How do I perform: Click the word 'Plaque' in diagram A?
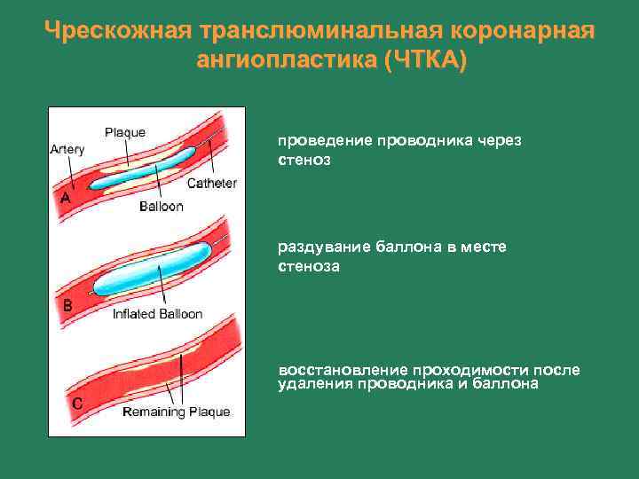pyautogui.click(x=125, y=133)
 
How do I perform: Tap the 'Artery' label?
pyautogui.click(x=67, y=149)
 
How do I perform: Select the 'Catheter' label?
pyautogui.click(x=211, y=184)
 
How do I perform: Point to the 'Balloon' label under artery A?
pyautogui.click(x=161, y=207)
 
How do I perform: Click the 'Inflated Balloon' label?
pyautogui.click(x=157, y=314)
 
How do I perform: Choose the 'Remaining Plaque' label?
pyautogui.click(x=176, y=412)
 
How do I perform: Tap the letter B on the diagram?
pyautogui.click(x=66, y=305)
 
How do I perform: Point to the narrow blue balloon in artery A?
pyautogui.click(x=142, y=172)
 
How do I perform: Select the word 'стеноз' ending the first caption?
pyautogui.click(x=304, y=161)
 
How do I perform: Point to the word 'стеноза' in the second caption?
pyautogui.click(x=308, y=265)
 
